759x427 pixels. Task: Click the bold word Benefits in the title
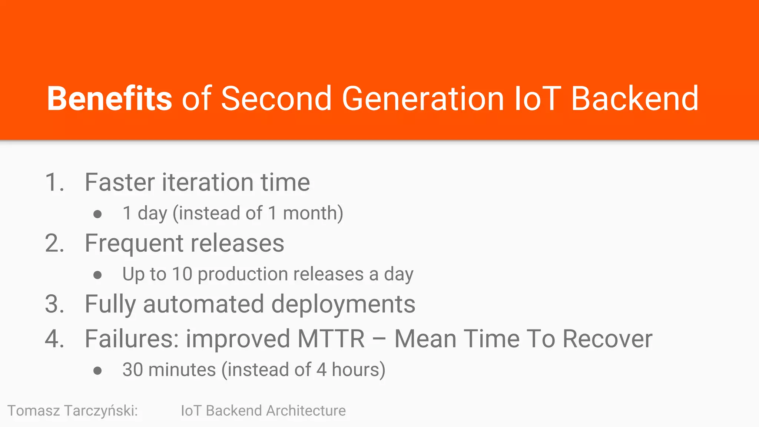point(109,99)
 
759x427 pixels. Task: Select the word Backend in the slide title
point(634,99)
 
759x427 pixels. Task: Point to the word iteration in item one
point(208,182)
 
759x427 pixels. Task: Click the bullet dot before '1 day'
point(97,214)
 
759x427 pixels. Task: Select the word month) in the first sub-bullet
point(313,213)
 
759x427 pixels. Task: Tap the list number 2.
point(54,244)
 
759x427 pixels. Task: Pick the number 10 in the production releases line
point(182,274)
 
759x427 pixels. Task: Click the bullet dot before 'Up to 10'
point(97,275)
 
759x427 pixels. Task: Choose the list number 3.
point(54,304)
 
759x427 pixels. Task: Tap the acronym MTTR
point(331,339)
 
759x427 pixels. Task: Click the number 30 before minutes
point(133,370)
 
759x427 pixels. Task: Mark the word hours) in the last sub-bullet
point(358,370)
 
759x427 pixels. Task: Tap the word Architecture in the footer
point(306,411)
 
